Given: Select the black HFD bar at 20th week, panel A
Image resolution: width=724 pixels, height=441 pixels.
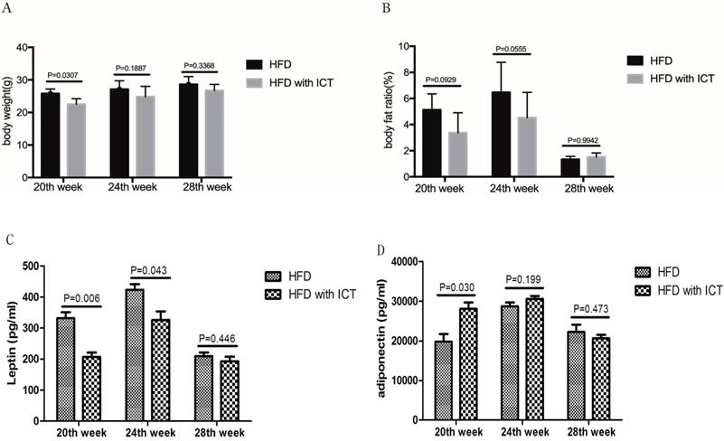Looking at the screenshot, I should pyautogui.click(x=51, y=123).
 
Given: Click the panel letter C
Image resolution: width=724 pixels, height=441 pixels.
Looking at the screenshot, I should pyautogui.click(x=9, y=239).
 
